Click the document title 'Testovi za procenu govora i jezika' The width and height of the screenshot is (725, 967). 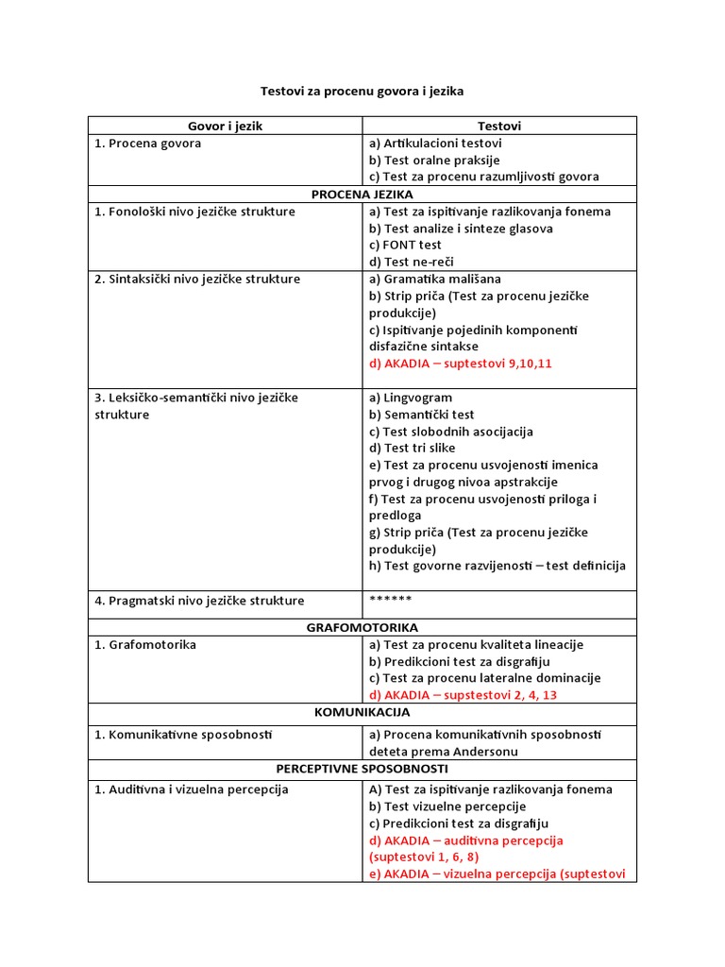click(x=362, y=92)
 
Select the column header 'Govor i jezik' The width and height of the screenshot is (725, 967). click(x=225, y=126)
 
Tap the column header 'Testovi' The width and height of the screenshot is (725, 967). click(x=498, y=126)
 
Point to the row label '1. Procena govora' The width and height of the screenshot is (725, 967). click(x=147, y=144)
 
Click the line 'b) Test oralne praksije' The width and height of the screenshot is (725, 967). click(x=434, y=160)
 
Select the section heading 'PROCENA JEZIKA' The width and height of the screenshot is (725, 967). click(x=362, y=194)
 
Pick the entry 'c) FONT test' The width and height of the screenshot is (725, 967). click(x=405, y=245)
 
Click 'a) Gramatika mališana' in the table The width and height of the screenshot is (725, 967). click(x=435, y=279)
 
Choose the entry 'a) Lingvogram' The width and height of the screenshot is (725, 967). click(x=411, y=398)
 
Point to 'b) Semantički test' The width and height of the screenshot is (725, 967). click(x=422, y=415)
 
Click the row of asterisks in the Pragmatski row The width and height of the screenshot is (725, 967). click(x=390, y=600)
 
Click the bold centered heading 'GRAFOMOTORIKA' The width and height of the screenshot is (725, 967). click(x=362, y=627)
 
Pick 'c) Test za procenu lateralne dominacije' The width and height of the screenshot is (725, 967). click(x=484, y=677)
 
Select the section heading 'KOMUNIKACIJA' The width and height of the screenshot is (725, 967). click(x=362, y=711)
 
